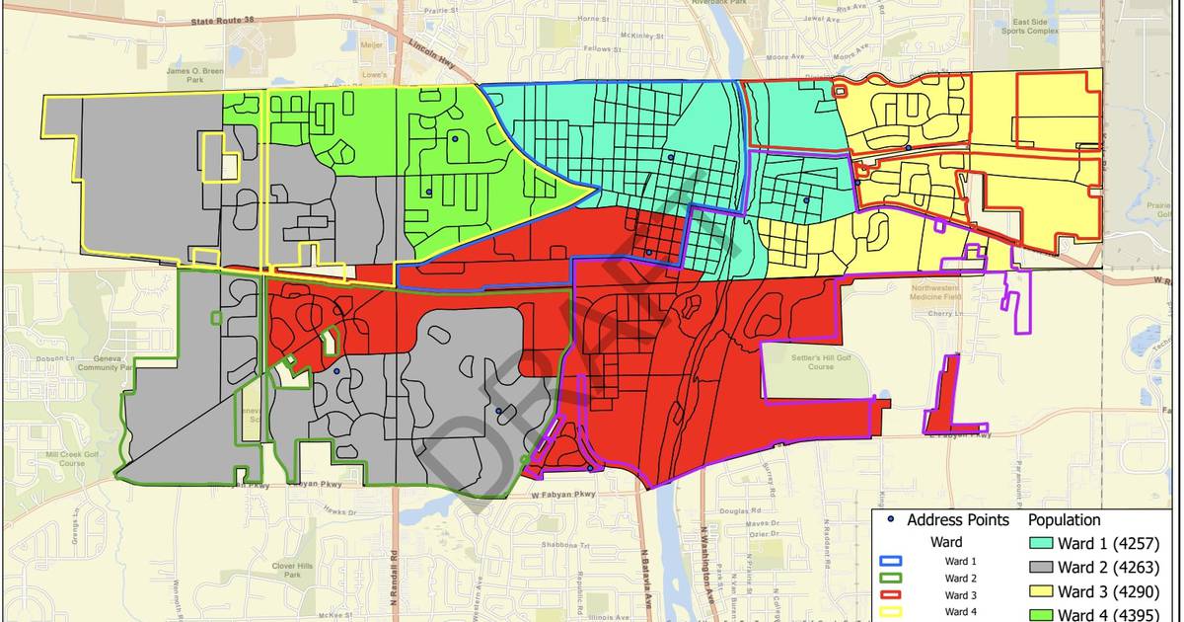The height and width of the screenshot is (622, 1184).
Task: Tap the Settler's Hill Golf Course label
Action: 813,361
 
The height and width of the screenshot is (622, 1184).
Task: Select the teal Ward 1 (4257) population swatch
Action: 1041,544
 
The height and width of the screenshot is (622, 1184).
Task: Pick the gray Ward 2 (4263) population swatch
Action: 1041,568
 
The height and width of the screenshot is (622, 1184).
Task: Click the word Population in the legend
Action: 1065,520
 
